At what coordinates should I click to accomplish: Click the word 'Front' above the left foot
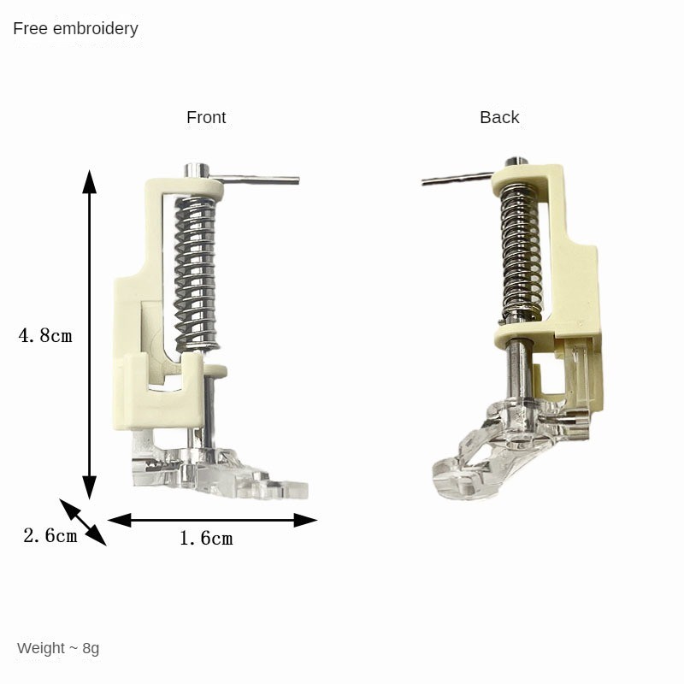[206, 117]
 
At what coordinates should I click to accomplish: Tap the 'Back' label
[499, 117]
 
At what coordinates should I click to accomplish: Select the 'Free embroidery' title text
[75, 29]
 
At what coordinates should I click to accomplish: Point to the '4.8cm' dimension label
[45, 335]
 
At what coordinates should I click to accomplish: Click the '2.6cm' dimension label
[50, 535]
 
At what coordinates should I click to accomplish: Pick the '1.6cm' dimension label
[206, 539]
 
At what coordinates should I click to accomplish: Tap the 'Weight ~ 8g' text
[58, 648]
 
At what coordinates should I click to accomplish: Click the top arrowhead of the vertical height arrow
[90, 181]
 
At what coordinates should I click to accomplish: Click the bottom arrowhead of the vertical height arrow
[90, 487]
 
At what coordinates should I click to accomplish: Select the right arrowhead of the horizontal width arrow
[305, 520]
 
